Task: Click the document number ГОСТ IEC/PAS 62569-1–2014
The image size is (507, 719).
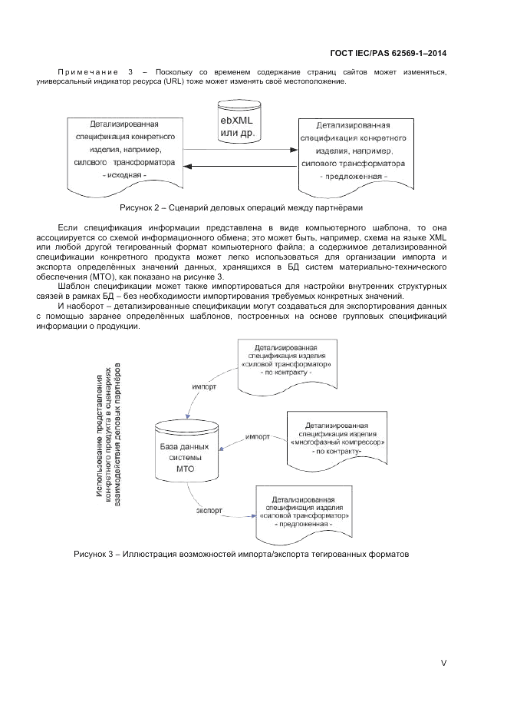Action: (x=388, y=54)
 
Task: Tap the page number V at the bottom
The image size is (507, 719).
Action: (x=443, y=663)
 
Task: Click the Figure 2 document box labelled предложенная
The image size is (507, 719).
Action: (x=354, y=151)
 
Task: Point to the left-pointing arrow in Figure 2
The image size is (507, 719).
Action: (x=241, y=166)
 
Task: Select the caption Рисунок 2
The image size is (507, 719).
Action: (x=240, y=208)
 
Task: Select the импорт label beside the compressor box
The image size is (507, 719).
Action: (x=256, y=436)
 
